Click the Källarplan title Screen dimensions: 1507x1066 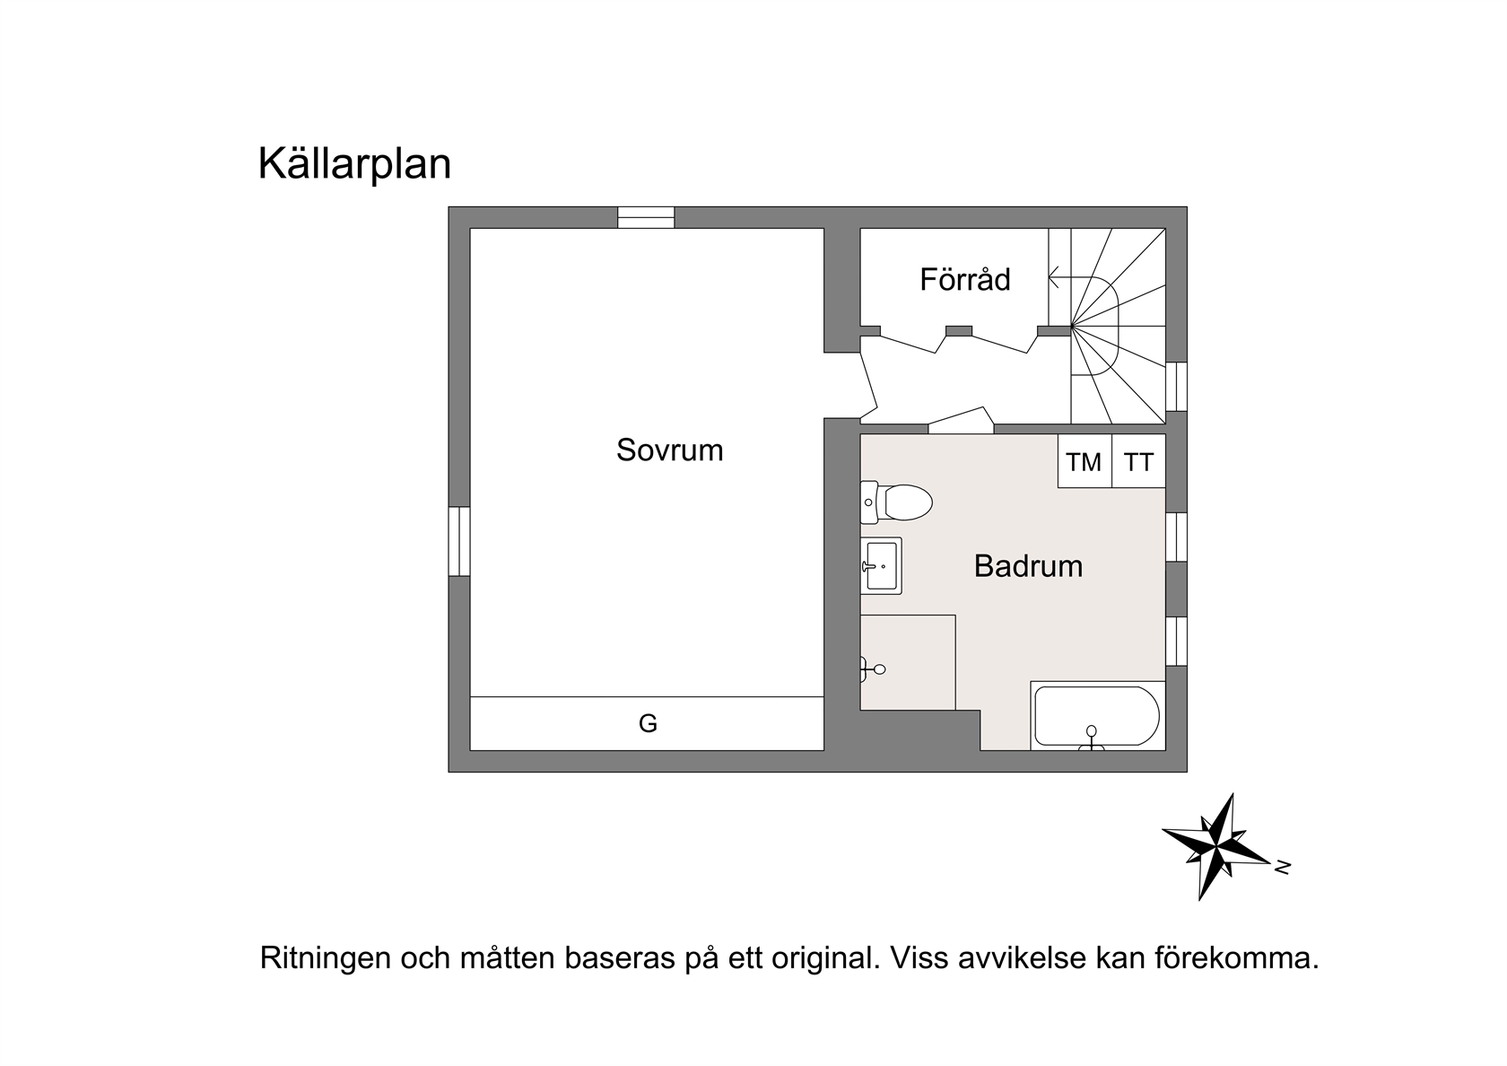354,164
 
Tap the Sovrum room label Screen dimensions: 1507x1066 669,450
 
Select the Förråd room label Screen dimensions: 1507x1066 965,279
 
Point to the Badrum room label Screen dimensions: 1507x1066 1028,566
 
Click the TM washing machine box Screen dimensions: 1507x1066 1085,461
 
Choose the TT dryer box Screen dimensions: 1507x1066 1138,461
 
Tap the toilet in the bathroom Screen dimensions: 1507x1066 896,502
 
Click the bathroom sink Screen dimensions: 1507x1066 881,566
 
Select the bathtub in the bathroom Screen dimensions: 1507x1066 1097,716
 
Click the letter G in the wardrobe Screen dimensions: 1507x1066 648,723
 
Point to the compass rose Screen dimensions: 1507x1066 1215,846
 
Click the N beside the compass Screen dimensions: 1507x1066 1283,868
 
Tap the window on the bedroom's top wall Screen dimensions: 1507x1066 646,217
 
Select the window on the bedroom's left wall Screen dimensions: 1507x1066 459,541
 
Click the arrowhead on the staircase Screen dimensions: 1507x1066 1053,276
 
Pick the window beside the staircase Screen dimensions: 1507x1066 1176,386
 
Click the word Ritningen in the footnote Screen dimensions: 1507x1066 326,958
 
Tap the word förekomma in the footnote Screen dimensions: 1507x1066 1236,958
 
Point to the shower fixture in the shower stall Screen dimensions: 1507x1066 873,669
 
